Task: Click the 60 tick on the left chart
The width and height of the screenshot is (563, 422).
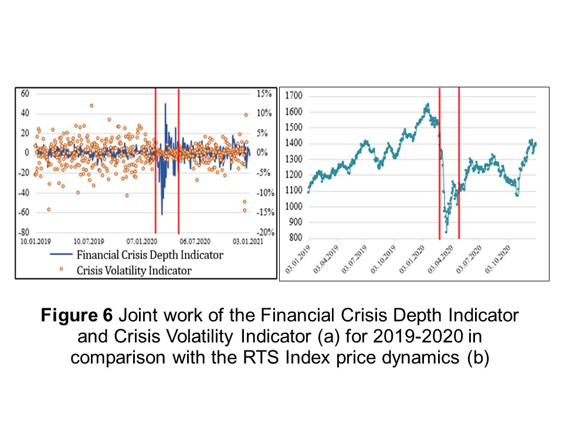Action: (x=25, y=93)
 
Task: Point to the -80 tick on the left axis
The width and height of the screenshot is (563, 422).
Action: (x=24, y=232)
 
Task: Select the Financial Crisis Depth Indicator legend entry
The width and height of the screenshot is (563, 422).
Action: (x=150, y=255)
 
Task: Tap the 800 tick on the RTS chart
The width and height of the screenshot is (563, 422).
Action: (x=295, y=238)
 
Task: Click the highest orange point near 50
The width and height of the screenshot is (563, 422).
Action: (x=91, y=105)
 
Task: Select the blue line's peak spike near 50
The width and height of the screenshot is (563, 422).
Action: (x=165, y=104)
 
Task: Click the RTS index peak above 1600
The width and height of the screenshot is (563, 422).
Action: (x=428, y=104)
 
